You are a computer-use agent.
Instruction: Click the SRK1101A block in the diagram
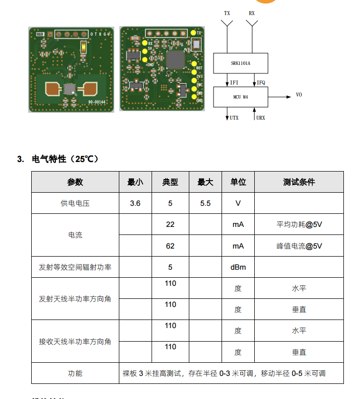(x=240, y=64)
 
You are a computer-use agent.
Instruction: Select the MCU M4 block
(x=240, y=96)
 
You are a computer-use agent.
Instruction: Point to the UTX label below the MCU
(x=234, y=118)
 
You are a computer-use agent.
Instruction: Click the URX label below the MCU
(x=260, y=118)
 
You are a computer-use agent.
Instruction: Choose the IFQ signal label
(x=261, y=82)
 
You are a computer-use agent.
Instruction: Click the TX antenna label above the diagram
(x=227, y=13)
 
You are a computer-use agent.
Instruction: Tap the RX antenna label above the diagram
(x=252, y=13)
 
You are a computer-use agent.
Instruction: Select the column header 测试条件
(x=299, y=182)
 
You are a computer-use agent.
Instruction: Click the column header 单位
(x=238, y=182)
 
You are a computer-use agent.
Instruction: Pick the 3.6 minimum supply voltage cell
(x=135, y=203)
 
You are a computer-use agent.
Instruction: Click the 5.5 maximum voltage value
(x=205, y=203)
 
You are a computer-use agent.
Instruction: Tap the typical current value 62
(x=170, y=246)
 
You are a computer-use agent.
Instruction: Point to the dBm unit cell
(x=238, y=267)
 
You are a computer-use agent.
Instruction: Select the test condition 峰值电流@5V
(x=299, y=246)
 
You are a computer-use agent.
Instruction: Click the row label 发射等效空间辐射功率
(x=75, y=267)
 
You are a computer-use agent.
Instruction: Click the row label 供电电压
(x=75, y=203)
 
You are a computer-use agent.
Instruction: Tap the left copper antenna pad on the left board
(x=52, y=89)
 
